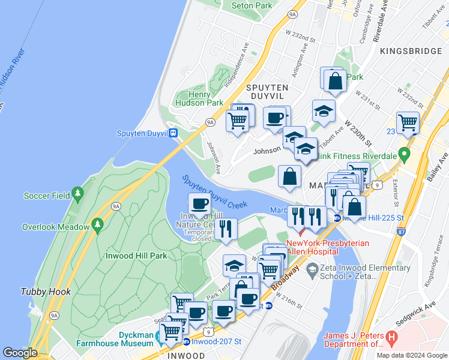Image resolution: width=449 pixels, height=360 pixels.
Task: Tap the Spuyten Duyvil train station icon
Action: pos(173,133)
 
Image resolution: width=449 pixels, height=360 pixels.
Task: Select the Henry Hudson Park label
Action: pos(191,99)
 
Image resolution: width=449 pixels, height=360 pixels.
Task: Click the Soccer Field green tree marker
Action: pos(77,193)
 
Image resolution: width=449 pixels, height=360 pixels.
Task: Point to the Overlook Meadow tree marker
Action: pos(97,226)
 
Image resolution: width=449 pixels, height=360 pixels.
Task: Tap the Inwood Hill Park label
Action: pos(136,256)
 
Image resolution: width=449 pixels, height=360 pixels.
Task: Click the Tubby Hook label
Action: pos(45,292)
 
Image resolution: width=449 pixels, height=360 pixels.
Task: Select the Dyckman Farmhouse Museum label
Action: pos(115,340)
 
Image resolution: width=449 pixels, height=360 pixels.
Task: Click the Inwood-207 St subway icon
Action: pos(187,341)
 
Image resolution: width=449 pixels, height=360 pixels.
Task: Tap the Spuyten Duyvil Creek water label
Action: pos(214,192)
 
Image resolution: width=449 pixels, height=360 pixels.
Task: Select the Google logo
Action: pos(20,353)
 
